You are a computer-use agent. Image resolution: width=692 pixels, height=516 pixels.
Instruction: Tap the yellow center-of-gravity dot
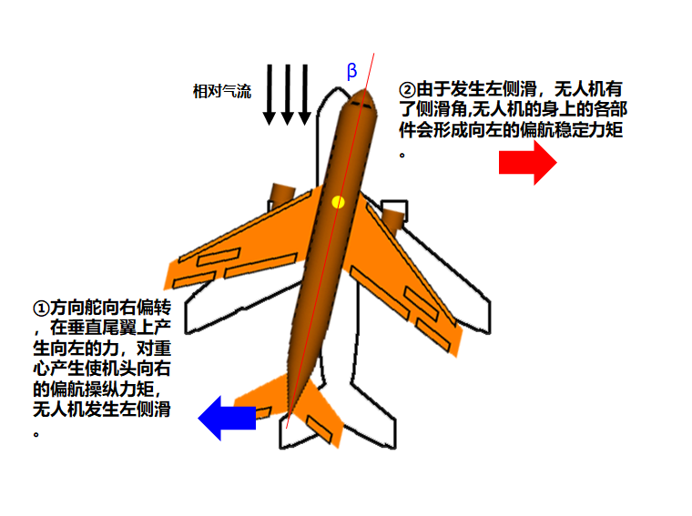click(x=339, y=201)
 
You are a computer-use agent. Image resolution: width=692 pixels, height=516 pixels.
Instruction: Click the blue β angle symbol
click(x=352, y=71)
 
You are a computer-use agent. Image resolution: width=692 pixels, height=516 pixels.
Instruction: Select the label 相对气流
click(x=221, y=90)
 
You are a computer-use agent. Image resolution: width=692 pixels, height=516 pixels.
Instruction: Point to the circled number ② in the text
click(x=407, y=90)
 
